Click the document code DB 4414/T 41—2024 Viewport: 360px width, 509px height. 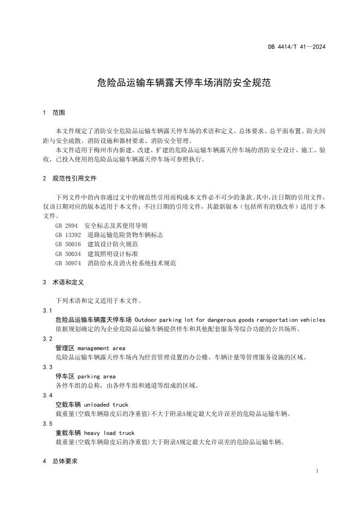tap(296, 47)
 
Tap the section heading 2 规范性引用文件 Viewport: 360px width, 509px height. tap(70, 178)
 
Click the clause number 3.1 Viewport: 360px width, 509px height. tap(47, 310)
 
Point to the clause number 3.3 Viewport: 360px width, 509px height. tap(47, 367)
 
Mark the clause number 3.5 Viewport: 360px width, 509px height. tap(47, 424)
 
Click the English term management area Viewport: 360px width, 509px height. tap(102, 348)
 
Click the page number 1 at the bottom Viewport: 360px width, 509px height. tap(317, 470)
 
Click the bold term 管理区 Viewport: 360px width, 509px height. tap(65, 348)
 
